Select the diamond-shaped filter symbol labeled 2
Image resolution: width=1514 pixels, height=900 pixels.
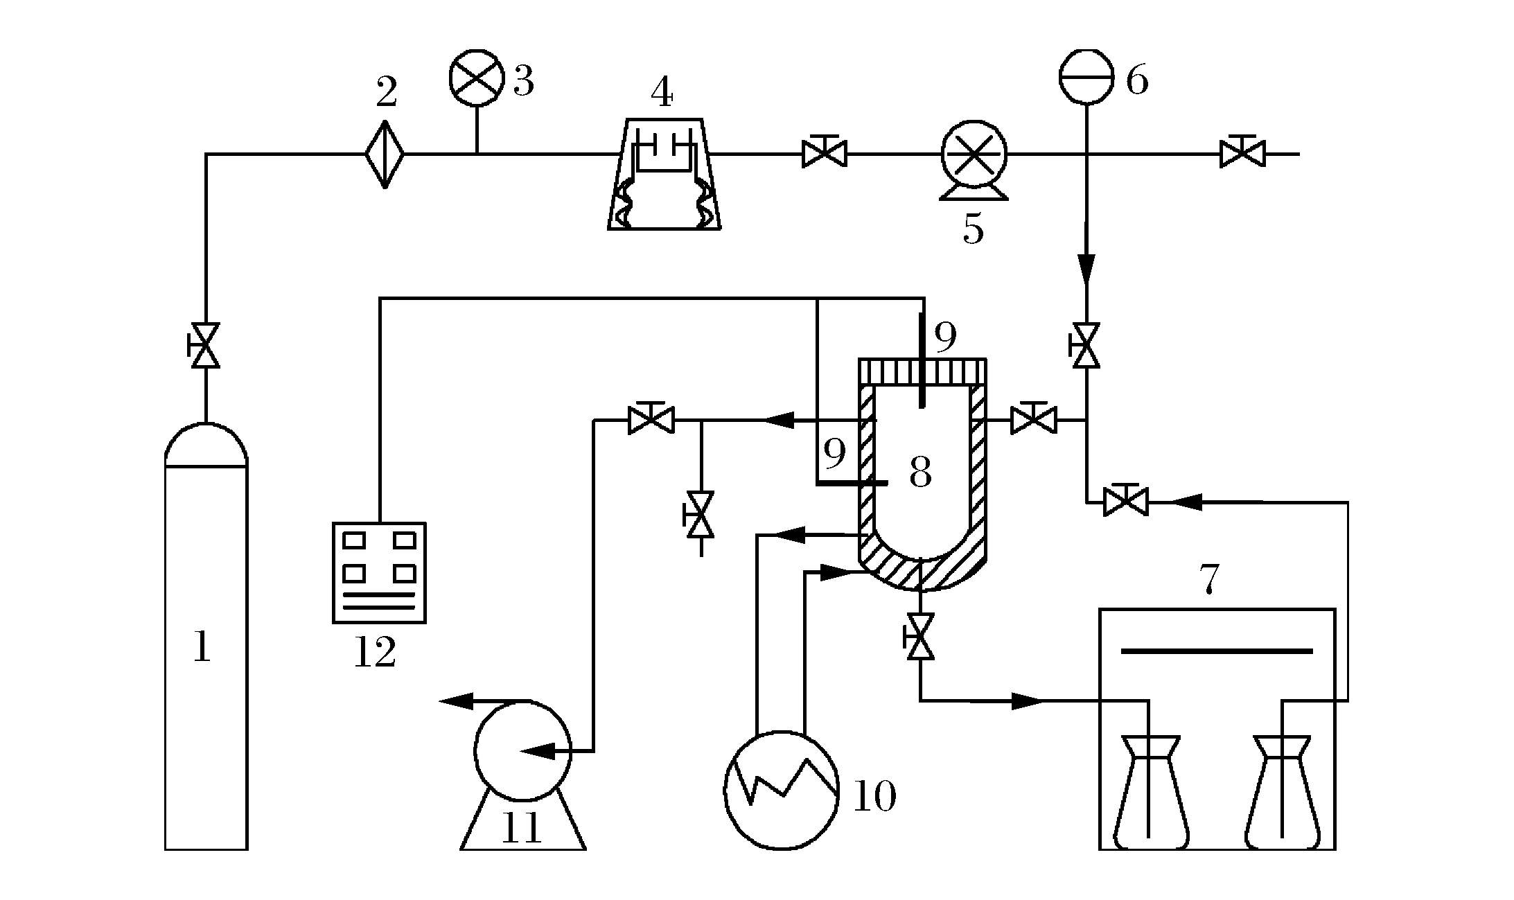(385, 154)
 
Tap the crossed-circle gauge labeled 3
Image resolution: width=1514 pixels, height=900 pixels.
(476, 77)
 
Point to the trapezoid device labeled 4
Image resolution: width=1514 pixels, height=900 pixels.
(664, 177)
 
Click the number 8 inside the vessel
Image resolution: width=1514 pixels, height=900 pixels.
(920, 473)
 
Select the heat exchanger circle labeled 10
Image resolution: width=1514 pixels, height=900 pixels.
(781, 790)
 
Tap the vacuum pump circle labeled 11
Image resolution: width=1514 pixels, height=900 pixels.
(523, 750)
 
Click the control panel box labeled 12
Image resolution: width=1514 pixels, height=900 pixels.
(379, 572)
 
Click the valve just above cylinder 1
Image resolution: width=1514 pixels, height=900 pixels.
(205, 345)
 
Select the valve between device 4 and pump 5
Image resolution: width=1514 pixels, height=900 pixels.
(824, 154)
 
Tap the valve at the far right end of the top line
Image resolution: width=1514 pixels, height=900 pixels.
(1242, 154)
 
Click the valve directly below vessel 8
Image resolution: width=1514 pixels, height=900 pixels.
(920, 636)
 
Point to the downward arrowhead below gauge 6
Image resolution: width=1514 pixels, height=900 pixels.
(1086, 269)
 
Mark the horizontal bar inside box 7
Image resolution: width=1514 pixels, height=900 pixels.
(1217, 651)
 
